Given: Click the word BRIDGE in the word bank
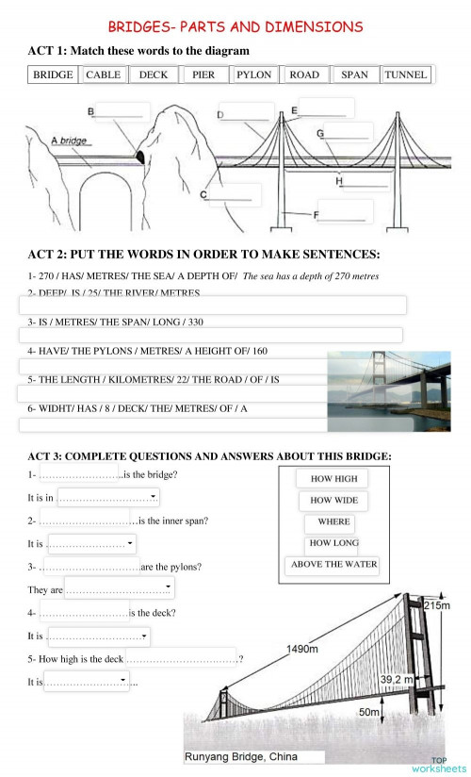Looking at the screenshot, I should pyautogui.click(x=53, y=74).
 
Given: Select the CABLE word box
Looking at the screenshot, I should pyautogui.click(x=104, y=74).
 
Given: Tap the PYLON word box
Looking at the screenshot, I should pyautogui.click(x=253, y=74).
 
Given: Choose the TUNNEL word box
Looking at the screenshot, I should pyautogui.click(x=406, y=74).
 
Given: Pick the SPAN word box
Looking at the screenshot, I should pyautogui.click(x=354, y=74).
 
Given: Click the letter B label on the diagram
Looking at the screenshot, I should pyautogui.click(x=90, y=112).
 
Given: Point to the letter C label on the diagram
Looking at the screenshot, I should pyautogui.click(x=203, y=194).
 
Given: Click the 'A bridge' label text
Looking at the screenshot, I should pyautogui.click(x=68, y=141).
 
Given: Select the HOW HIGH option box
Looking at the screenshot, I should pyautogui.click(x=333, y=479).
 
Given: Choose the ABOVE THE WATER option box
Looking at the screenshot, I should pyautogui.click(x=333, y=565).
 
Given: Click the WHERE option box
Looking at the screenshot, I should pyautogui.click(x=333, y=521).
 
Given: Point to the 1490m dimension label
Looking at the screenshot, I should pyautogui.click(x=302, y=649).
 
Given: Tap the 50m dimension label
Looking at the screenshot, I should pyautogui.click(x=368, y=712).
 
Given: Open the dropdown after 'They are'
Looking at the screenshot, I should pyautogui.click(x=168, y=590).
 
